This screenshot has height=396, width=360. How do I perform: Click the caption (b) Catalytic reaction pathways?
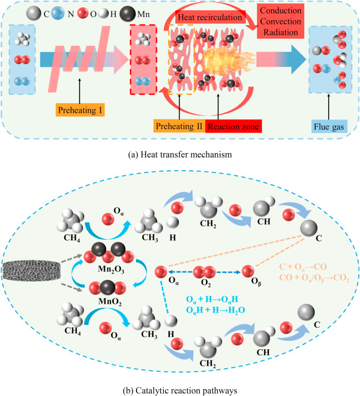tap(180, 390)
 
